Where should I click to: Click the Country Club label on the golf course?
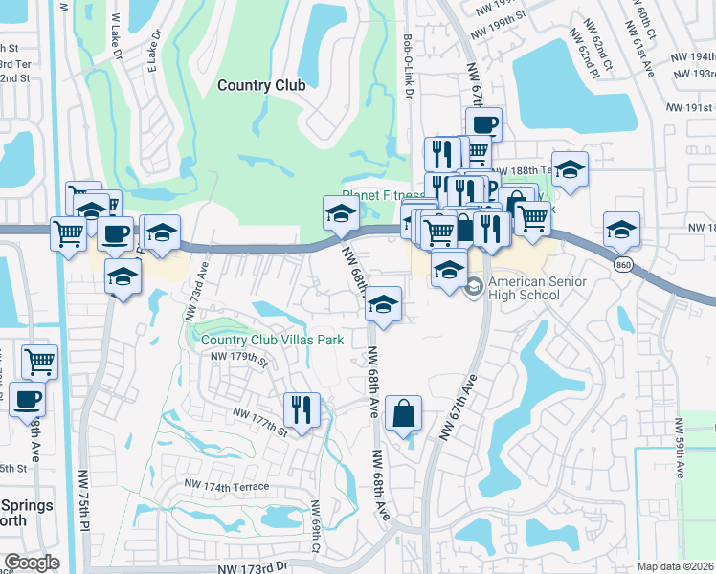click(261, 85)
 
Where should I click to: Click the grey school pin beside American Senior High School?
click(474, 287)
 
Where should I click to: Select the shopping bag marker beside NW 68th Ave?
click(404, 414)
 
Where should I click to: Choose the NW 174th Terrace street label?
click(229, 487)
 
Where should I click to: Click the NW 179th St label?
click(236, 359)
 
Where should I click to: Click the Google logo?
click(32, 563)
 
